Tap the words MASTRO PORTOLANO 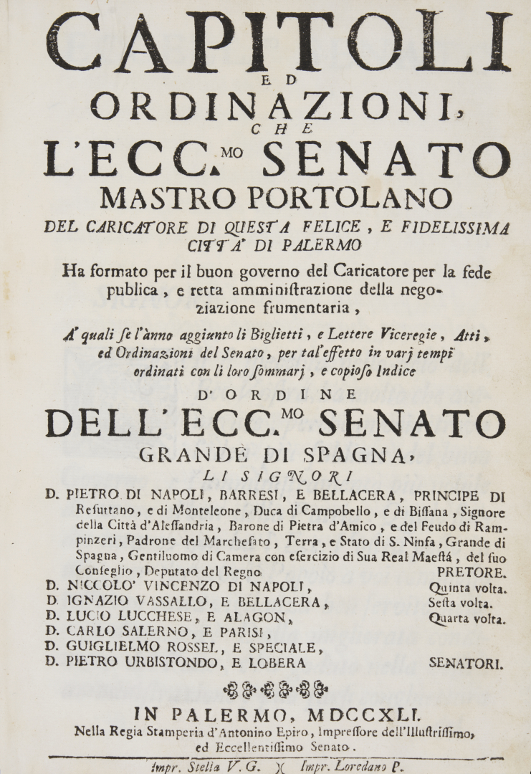[x=276, y=196]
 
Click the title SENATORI [x=466, y=664]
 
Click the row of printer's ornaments [x=276, y=690]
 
